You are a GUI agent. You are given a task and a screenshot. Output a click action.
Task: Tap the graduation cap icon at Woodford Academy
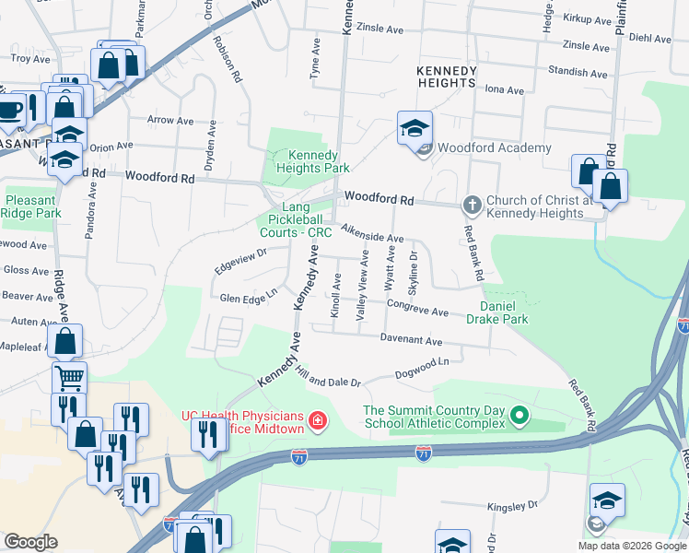tap(415, 128)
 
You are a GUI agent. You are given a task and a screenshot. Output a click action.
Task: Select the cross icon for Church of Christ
tap(472, 203)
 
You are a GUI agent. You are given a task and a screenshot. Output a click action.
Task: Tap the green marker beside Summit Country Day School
tap(519, 417)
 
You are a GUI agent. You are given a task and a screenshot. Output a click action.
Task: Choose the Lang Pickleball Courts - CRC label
tap(300, 220)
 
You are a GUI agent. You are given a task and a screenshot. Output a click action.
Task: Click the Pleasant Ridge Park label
tap(30, 206)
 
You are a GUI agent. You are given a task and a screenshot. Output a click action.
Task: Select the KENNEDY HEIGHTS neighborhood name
tap(447, 76)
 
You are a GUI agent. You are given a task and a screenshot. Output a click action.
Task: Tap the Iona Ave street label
tap(504, 90)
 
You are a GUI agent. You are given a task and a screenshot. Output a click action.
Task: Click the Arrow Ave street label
tap(170, 120)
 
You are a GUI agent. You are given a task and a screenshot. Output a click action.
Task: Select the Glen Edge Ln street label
tap(249, 297)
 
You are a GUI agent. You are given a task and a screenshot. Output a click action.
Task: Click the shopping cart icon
tap(68, 377)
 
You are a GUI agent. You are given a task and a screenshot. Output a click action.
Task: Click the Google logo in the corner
tap(30, 542)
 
